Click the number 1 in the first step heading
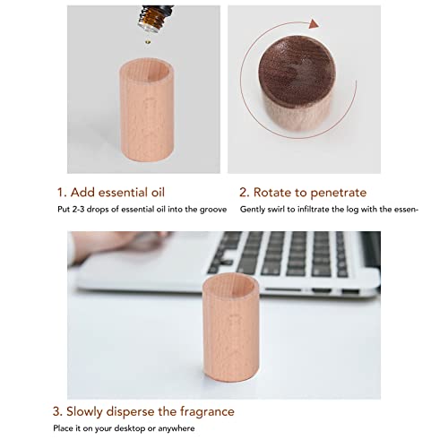point(60,192)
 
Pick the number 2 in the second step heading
point(243,192)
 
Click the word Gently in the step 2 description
point(253,210)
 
